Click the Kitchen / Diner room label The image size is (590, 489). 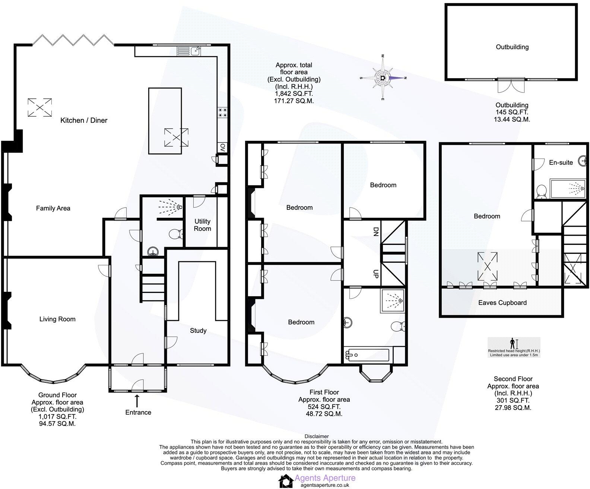(x=84, y=120)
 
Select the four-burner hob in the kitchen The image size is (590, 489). (x=223, y=112)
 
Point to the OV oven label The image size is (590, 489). (x=223, y=148)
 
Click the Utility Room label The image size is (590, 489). (x=202, y=225)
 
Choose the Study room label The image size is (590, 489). (x=198, y=331)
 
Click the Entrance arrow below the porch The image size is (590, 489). (x=137, y=401)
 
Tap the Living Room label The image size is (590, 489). (x=57, y=319)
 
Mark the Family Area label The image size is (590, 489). (x=53, y=208)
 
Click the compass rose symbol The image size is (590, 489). (x=383, y=78)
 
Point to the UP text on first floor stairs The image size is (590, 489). (x=375, y=274)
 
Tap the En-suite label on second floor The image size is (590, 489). (x=561, y=163)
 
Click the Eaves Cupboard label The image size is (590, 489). (x=502, y=303)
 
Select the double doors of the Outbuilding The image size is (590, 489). (x=511, y=86)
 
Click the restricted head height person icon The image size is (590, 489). (x=512, y=343)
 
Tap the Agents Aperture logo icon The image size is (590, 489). (x=286, y=480)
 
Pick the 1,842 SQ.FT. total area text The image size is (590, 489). (x=294, y=94)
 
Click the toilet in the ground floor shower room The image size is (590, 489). (x=174, y=234)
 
